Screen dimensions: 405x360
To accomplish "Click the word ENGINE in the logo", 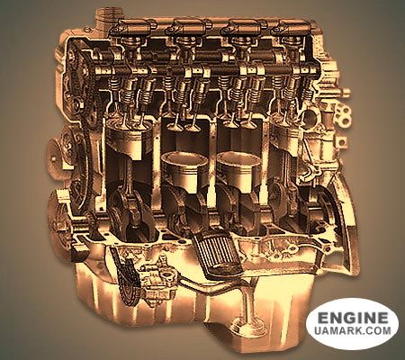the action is click(353, 318).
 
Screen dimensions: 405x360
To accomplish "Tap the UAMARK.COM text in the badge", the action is click(353, 330).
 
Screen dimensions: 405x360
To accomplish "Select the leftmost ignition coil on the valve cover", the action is click(133, 28).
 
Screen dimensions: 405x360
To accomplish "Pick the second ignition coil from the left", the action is click(188, 28).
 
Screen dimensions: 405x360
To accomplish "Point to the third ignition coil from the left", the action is click(244, 28).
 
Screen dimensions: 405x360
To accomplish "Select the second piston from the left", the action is click(184, 169).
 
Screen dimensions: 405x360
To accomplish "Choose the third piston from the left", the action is click(239, 169).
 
